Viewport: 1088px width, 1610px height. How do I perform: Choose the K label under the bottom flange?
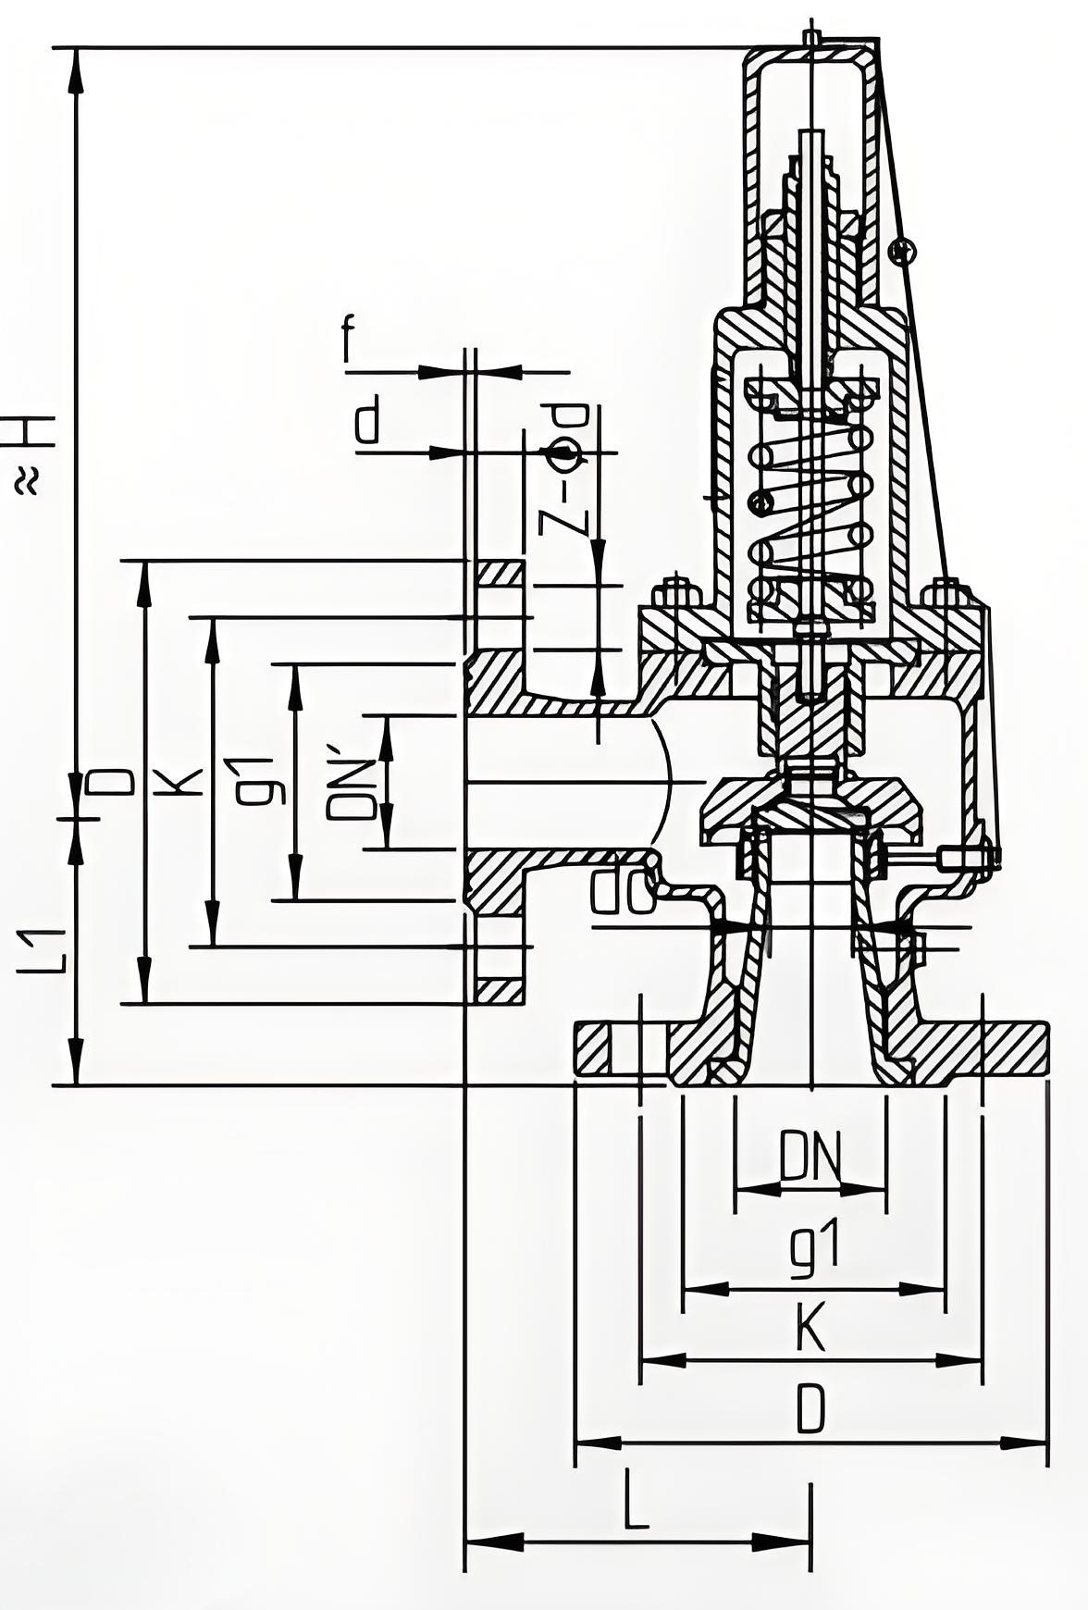(810, 1329)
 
